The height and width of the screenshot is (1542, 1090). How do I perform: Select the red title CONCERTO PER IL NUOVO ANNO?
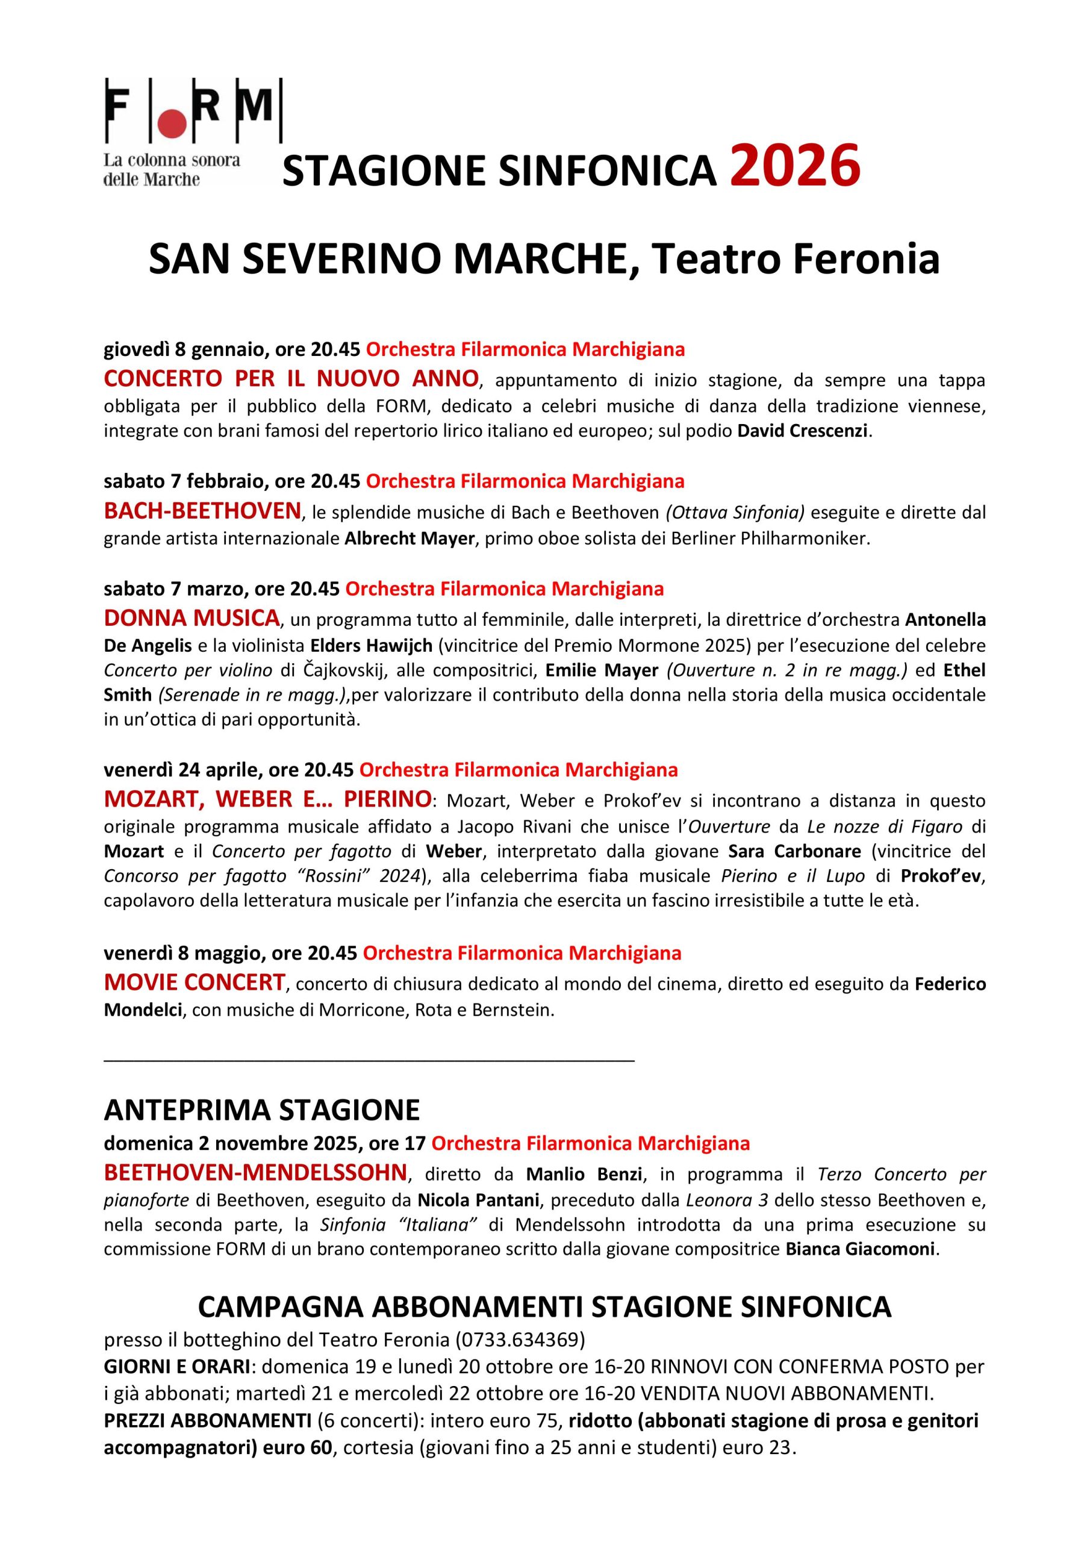[291, 379]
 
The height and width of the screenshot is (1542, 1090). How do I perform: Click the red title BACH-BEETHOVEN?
[202, 511]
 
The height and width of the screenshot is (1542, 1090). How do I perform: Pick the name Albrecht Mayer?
[409, 539]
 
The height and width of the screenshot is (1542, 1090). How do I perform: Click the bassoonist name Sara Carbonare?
[794, 851]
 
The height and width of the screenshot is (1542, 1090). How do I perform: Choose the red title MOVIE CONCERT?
[195, 982]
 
